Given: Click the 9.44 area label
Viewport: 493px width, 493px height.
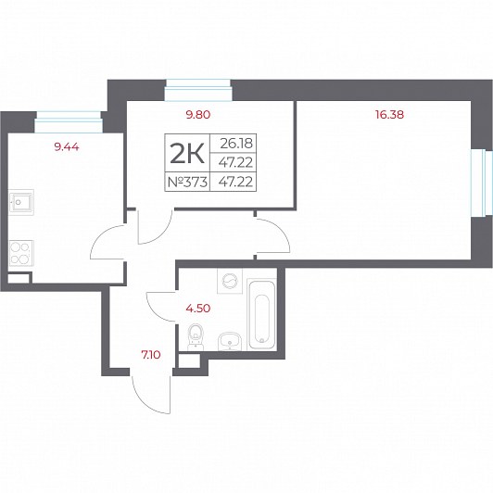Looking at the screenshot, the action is (x=67, y=146).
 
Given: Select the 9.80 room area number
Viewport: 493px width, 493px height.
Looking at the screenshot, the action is (x=198, y=115).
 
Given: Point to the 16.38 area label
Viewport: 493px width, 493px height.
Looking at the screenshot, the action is (x=389, y=115).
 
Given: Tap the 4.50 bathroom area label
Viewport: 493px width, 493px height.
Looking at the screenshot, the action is (x=198, y=309).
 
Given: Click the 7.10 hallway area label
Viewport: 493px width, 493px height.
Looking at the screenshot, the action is (x=151, y=355).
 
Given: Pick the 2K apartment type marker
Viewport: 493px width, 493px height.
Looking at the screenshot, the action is (x=187, y=154).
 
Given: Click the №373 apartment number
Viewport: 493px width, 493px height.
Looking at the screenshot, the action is (x=187, y=182).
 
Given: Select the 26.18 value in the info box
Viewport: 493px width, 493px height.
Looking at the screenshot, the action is (x=236, y=144).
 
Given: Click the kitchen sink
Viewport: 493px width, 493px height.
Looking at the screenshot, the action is (x=21, y=202).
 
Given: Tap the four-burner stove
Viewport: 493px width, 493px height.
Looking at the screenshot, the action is (x=21, y=253).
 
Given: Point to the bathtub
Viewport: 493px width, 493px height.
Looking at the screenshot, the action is (x=262, y=315).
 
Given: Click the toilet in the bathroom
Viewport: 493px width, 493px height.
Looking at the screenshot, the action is (x=196, y=336).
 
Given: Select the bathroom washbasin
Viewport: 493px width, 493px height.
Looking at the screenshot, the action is (x=230, y=341).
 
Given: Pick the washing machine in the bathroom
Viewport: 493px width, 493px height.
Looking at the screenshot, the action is (x=230, y=281).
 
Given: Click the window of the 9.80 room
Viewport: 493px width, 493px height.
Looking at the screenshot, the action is (x=198, y=90).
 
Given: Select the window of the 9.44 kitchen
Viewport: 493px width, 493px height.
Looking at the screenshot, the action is (x=69, y=121).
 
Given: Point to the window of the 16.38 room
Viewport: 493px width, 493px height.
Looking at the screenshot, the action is (x=481, y=183).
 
